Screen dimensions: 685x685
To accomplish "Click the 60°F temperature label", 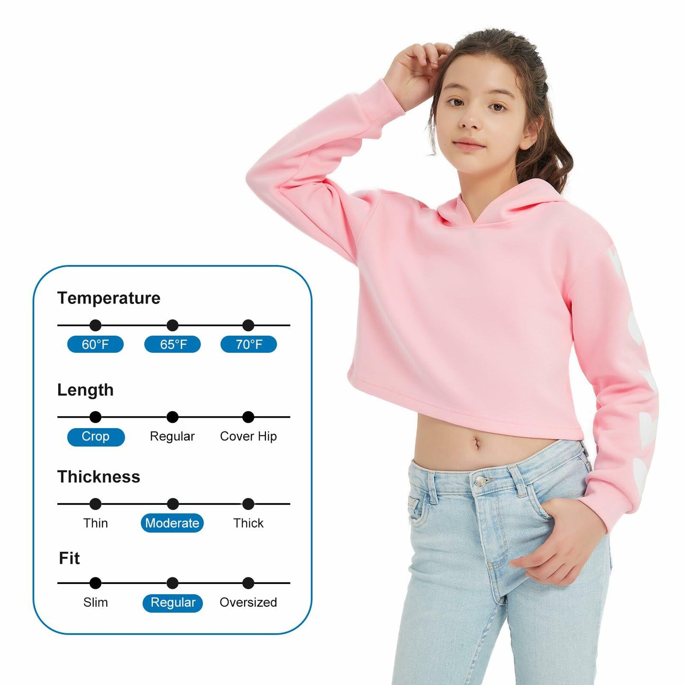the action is coord(95,344).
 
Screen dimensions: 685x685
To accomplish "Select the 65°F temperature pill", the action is coord(173,344).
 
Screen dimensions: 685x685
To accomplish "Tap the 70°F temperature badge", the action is coord(248,344).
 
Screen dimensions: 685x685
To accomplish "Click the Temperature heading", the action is coord(109,298).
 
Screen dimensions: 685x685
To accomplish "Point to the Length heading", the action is coord(85,390).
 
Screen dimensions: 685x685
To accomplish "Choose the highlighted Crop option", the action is coord(96,437).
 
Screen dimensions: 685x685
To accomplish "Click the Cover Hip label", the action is coord(248,436).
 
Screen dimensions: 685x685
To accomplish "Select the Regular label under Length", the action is coord(172,436).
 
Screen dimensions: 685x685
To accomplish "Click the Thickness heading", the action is coord(99,477).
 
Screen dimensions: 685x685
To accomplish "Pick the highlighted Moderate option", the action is coord(172,523).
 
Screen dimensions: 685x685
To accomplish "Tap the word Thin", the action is coord(95,523).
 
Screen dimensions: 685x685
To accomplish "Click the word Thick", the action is coord(248,523).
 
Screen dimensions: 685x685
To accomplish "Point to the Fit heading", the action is coord(69,558).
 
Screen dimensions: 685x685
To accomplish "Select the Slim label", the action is coord(95,602).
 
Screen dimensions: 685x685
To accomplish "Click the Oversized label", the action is coord(248,602).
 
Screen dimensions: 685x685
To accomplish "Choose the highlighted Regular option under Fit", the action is coord(173,603).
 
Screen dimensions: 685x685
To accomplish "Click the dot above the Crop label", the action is coord(95,417).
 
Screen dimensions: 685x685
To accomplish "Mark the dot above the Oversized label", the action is coord(248,583).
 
